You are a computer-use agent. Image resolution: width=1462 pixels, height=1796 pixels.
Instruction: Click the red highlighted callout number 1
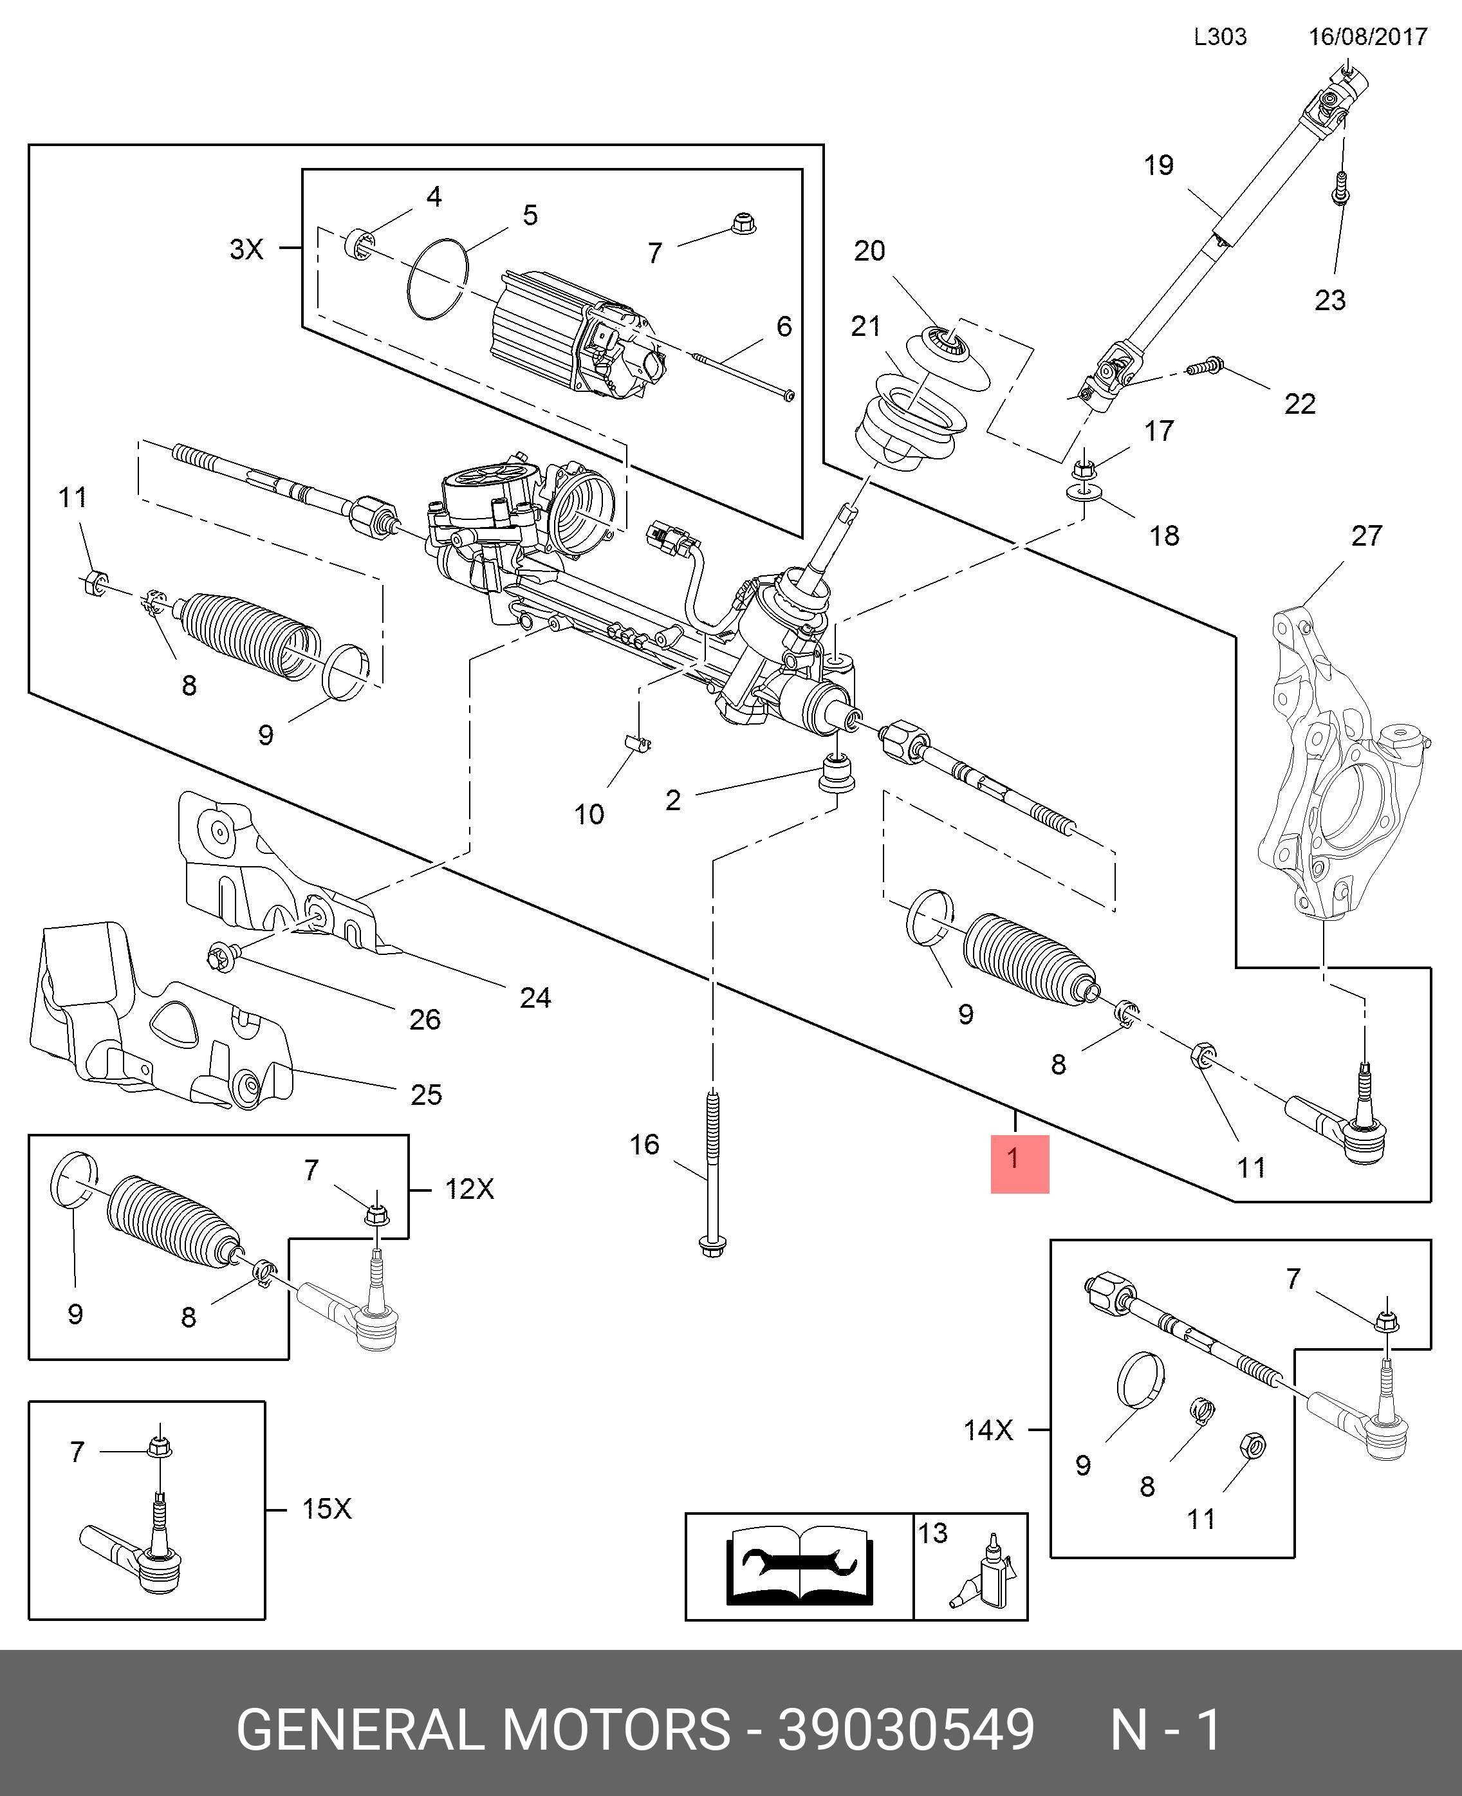[1019, 1163]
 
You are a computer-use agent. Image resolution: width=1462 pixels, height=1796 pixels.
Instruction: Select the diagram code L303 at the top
[1219, 37]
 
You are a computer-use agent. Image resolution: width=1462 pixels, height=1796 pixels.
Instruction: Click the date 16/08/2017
[1367, 37]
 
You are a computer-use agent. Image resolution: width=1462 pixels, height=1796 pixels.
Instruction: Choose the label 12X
[469, 1189]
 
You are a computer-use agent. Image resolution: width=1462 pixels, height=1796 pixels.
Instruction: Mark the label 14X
[987, 1430]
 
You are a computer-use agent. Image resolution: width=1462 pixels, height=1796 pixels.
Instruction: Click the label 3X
[246, 249]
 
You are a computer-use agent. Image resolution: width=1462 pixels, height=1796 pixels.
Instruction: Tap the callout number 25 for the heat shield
[426, 1095]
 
